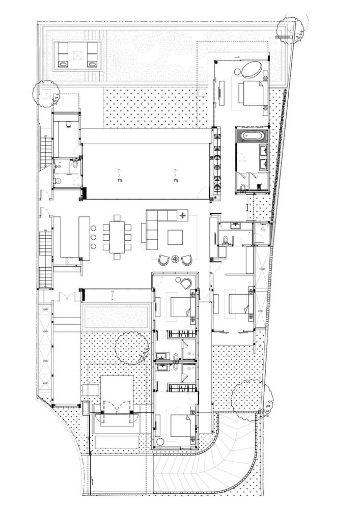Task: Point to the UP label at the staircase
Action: (x=45, y=137)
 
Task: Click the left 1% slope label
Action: (x=119, y=181)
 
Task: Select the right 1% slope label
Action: (x=176, y=181)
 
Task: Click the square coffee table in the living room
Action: (x=175, y=238)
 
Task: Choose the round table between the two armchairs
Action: (x=176, y=259)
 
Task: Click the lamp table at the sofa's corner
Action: (x=182, y=216)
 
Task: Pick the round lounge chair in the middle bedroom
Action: (x=183, y=282)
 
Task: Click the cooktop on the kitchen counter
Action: (x=70, y=261)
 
